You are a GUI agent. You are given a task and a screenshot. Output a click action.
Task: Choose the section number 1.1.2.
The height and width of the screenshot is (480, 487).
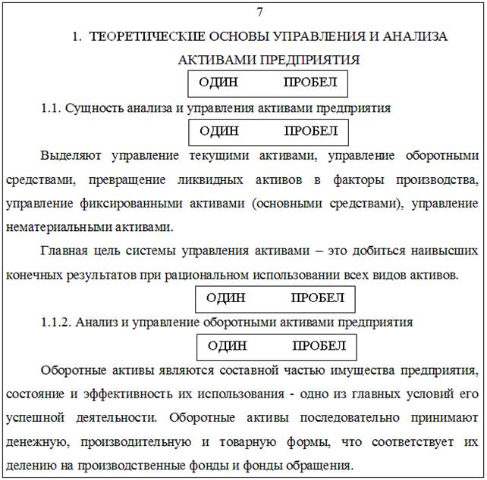(x=56, y=322)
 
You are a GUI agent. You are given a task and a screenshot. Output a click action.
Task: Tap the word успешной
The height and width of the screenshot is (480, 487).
(x=33, y=417)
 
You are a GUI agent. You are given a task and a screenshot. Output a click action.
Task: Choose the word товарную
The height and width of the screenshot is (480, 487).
(x=237, y=441)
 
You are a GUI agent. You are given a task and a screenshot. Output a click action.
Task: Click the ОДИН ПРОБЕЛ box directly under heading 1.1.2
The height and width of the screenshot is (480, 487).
(x=276, y=346)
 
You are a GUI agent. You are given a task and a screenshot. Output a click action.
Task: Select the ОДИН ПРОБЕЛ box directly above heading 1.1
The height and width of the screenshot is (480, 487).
(x=268, y=83)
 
